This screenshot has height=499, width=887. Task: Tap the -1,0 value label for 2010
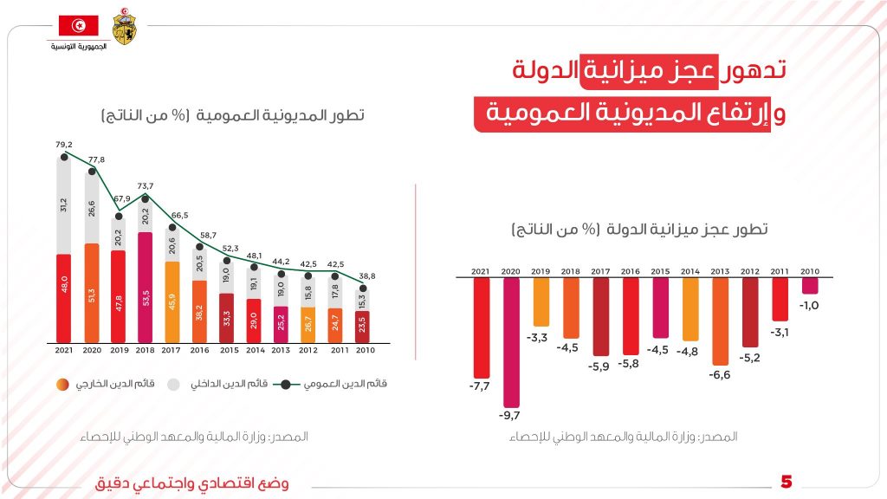click(x=809, y=305)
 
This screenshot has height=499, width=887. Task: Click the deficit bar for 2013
click(x=720, y=321)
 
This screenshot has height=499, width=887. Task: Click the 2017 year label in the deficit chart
click(x=600, y=271)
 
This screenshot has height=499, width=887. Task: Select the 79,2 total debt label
click(x=63, y=145)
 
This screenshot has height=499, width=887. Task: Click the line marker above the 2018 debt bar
click(x=145, y=198)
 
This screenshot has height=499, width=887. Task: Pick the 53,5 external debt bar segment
click(x=145, y=286)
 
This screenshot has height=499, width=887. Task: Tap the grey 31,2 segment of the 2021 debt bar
click(x=63, y=205)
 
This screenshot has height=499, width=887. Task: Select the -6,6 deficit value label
click(x=720, y=375)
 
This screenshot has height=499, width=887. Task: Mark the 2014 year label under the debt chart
click(x=254, y=352)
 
